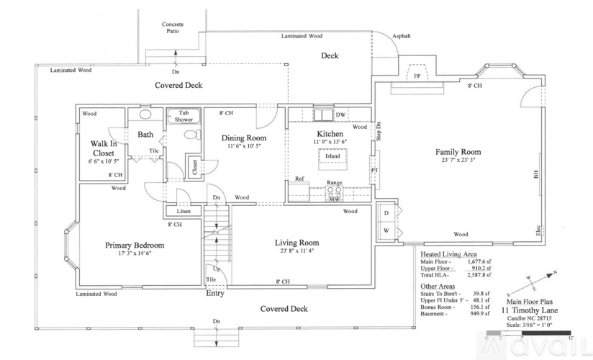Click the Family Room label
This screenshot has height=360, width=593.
point(458,152)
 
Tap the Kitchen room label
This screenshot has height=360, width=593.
point(329,134)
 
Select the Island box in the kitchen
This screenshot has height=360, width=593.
point(332,156)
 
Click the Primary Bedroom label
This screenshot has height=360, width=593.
point(135,246)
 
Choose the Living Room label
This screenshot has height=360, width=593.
point(297,243)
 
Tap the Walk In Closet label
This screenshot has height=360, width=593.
point(103,148)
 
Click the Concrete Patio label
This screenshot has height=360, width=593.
point(172,27)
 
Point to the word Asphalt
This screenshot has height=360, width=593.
point(402,36)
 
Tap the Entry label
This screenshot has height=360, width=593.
point(215,293)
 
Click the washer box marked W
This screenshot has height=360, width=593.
point(386,230)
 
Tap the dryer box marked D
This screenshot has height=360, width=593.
point(386,213)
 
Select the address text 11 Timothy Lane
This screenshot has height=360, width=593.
point(530,310)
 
